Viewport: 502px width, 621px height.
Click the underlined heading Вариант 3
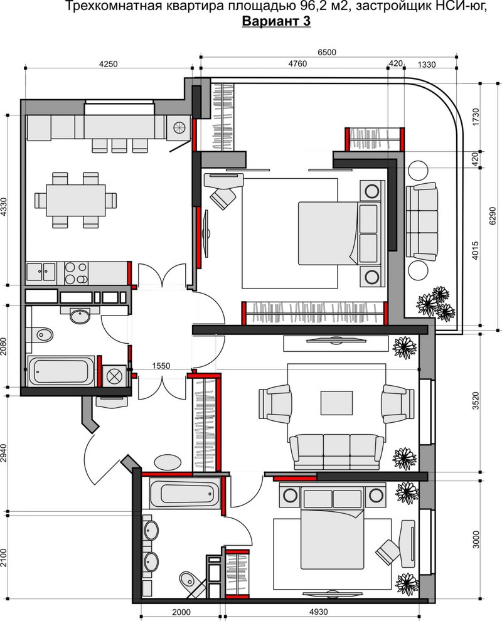coord(276,21)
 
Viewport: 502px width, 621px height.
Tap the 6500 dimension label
coord(327,52)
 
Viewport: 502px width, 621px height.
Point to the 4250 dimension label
coord(108,64)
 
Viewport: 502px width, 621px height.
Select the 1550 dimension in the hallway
coord(161,366)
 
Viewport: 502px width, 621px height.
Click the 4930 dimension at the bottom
coord(318,612)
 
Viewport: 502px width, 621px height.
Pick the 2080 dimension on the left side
coord(4,346)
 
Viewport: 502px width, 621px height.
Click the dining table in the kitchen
coord(76,200)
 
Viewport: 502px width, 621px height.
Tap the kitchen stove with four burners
coord(76,273)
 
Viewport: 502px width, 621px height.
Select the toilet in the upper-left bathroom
coord(40,335)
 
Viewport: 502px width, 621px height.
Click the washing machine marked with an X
coord(114,375)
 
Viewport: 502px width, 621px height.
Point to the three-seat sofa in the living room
coord(336,451)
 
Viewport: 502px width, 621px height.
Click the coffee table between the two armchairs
coord(336,403)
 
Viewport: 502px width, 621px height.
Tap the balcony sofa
coord(422,222)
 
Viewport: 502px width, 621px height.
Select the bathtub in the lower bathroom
coord(184,492)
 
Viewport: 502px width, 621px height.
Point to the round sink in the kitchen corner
coord(178,127)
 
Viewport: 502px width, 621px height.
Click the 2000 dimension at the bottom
coord(181,612)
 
